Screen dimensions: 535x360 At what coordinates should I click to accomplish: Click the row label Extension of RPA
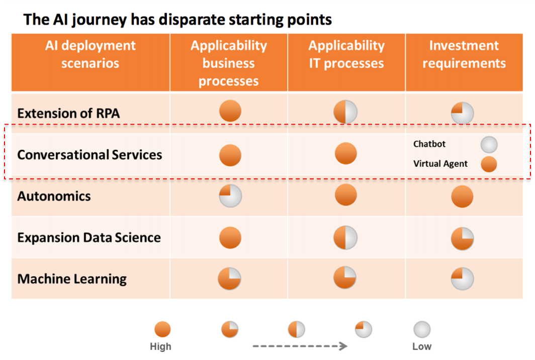[x=68, y=113]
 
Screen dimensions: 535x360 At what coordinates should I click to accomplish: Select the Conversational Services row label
[x=90, y=155]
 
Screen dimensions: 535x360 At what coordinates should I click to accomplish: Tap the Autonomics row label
[x=54, y=196]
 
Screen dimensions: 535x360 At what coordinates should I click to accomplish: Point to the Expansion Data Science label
[x=89, y=237]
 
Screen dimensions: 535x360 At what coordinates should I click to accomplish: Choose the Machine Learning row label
[x=72, y=279]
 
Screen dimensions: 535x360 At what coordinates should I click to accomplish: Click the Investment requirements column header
[x=464, y=54]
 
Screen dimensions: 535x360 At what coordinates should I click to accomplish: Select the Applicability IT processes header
[x=346, y=54]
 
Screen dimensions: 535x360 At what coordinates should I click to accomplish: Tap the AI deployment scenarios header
[x=91, y=54]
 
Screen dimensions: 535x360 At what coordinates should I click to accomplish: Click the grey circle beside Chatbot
[x=489, y=144]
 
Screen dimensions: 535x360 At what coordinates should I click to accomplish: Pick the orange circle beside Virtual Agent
[x=489, y=164]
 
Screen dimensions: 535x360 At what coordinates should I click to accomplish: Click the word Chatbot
[x=429, y=144]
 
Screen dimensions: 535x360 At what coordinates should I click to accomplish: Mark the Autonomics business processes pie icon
[x=230, y=196]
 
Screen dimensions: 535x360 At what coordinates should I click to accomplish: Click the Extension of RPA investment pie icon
[x=462, y=113]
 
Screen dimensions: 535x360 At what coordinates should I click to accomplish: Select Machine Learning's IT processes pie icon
[x=345, y=278]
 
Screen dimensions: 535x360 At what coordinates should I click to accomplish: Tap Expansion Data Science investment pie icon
[x=462, y=238]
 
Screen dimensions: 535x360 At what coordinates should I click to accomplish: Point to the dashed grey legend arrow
[x=300, y=346]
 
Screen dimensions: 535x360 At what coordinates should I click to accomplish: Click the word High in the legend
[x=160, y=346]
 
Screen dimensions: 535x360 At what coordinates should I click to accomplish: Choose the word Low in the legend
[x=422, y=346]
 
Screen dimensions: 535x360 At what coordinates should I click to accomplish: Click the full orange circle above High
[x=162, y=329]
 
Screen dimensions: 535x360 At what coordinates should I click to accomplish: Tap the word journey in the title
[x=99, y=20]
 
